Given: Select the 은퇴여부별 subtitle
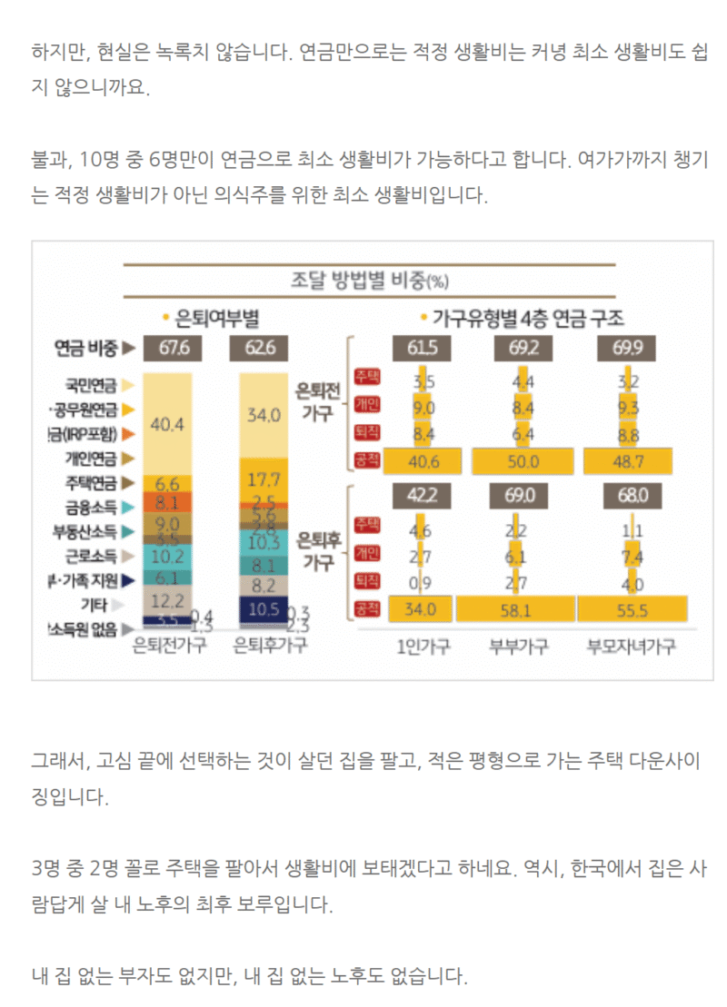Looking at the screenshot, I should click(211, 319).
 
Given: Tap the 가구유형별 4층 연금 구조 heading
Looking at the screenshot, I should click(527, 319).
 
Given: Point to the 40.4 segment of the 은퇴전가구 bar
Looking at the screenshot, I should click(167, 423).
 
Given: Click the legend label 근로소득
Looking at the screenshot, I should click(95, 555).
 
